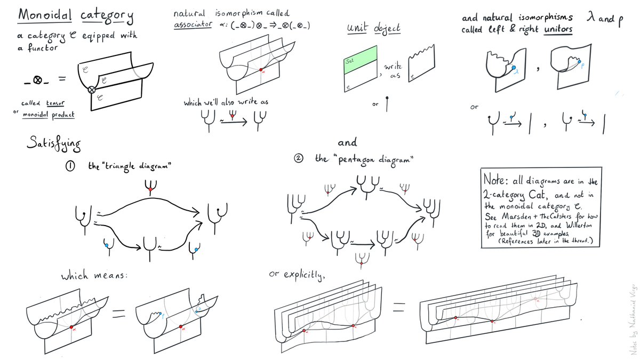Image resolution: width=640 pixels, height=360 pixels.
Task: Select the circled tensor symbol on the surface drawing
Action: (x=92, y=90)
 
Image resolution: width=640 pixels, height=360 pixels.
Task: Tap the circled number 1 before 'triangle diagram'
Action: (x=70, y=166)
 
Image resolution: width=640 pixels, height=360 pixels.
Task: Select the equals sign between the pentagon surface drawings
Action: (x=399, y=308)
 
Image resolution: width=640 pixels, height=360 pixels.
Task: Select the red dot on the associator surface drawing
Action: (x=261, y=70)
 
